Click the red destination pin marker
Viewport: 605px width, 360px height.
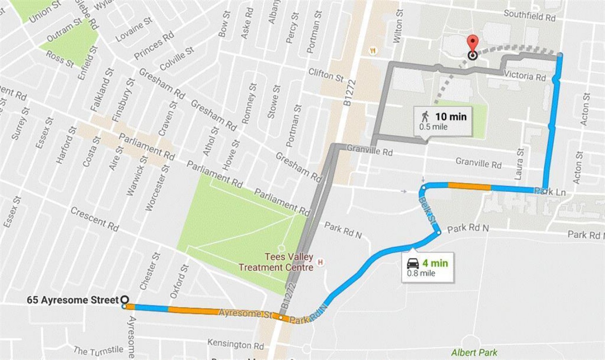click(x=472, y=44)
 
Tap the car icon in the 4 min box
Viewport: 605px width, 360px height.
click(x=413, y=264)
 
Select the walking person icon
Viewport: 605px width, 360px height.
click(x=425, y=117)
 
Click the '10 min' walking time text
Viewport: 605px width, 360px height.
click(x=451, y=117)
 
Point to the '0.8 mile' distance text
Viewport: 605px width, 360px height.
click(x=421, y=273)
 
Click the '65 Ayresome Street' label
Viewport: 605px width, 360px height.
click(x=73, y=300)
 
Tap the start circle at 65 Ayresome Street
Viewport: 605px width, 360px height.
click(x=125, y=300)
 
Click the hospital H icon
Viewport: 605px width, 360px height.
click(x=321, y=262)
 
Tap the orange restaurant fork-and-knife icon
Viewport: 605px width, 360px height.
click(x=373, y=51)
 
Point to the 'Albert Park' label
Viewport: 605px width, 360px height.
click(x=474, y=353)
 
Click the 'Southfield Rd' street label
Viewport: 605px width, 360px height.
click(x=529, y=16)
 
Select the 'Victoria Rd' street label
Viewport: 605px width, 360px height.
click(x=524, y=75)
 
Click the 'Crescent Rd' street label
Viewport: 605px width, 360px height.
click(x=94, y=219)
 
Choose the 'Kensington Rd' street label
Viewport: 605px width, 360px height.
click(x=236, y=344)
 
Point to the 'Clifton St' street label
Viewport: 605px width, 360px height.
click(x=326, y=75)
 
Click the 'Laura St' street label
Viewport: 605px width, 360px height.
click(x=519, y=164)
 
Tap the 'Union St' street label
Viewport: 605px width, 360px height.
click(x=44, y=11)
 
